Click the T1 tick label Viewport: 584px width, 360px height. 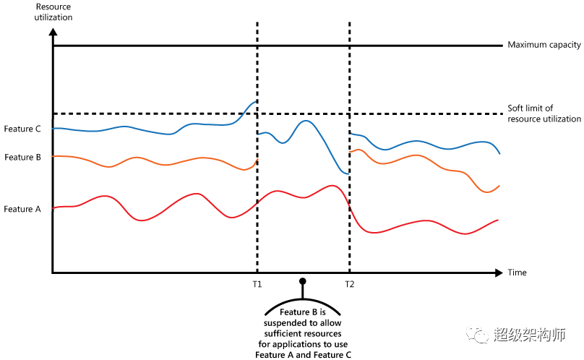click(257, 283)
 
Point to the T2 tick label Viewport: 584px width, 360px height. click(350, 283)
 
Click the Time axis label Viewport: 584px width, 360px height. click(517, 273)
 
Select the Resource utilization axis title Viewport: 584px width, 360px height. click(53, 12)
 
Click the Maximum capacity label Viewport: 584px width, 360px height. click(544, 46)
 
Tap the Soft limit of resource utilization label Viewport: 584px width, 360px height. click(544, 113)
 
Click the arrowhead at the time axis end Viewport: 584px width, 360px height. click(499, 273)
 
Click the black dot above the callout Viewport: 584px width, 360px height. click(303, 280)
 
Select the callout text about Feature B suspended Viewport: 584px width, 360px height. click(303, 333)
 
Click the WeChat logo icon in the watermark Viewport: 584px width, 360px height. click(478, 335)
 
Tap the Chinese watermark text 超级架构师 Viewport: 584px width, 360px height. click(530, 335)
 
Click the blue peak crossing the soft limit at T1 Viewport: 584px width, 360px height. click(254, 102)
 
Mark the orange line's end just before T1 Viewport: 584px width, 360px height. click(256, 160)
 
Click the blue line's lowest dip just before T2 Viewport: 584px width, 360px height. click(347, 174)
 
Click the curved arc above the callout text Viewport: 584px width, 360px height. click(303, 299)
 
